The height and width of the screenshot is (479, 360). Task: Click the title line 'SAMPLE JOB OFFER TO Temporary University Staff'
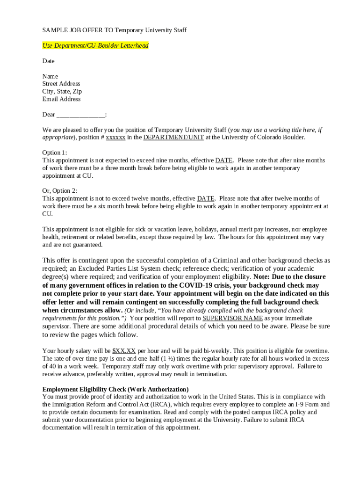point(114,30)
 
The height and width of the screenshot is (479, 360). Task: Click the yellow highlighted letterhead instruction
point(95,46)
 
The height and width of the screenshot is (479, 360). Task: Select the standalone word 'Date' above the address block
point(48,61)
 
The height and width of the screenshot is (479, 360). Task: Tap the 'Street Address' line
point(61,84)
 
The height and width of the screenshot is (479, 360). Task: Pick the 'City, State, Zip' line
point(62,92)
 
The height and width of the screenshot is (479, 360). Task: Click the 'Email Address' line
point(61,99)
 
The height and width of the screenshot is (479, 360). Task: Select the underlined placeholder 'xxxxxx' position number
point(115,138)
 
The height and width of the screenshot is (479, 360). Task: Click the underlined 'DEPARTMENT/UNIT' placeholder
point(173,138)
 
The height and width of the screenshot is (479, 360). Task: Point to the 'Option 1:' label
point(55,153)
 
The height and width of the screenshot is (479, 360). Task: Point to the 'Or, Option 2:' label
point(60,191)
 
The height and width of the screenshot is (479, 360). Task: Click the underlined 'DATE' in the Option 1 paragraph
point(224,160)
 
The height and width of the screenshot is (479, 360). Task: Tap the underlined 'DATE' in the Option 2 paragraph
point(206,199)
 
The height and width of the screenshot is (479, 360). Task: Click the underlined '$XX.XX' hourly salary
point(124,351)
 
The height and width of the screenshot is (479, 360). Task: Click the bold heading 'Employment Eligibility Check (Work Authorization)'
point(115,390)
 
